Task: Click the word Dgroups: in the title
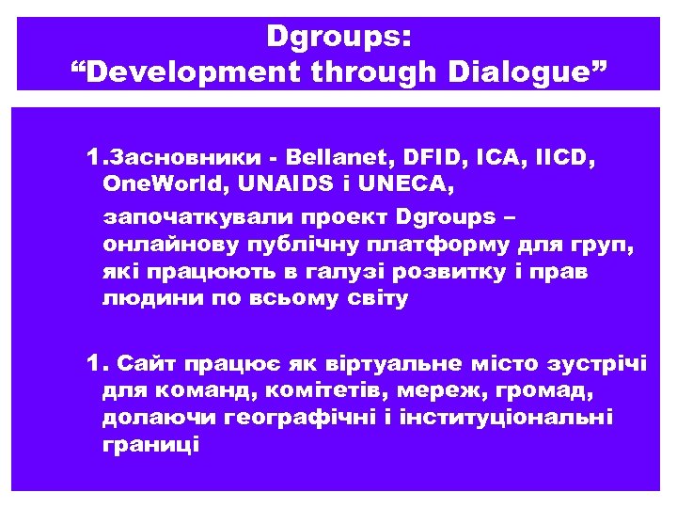click(x=338, y=37)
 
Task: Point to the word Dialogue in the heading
click(x=527, y=71)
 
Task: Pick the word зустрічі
click(x=601, y=363)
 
